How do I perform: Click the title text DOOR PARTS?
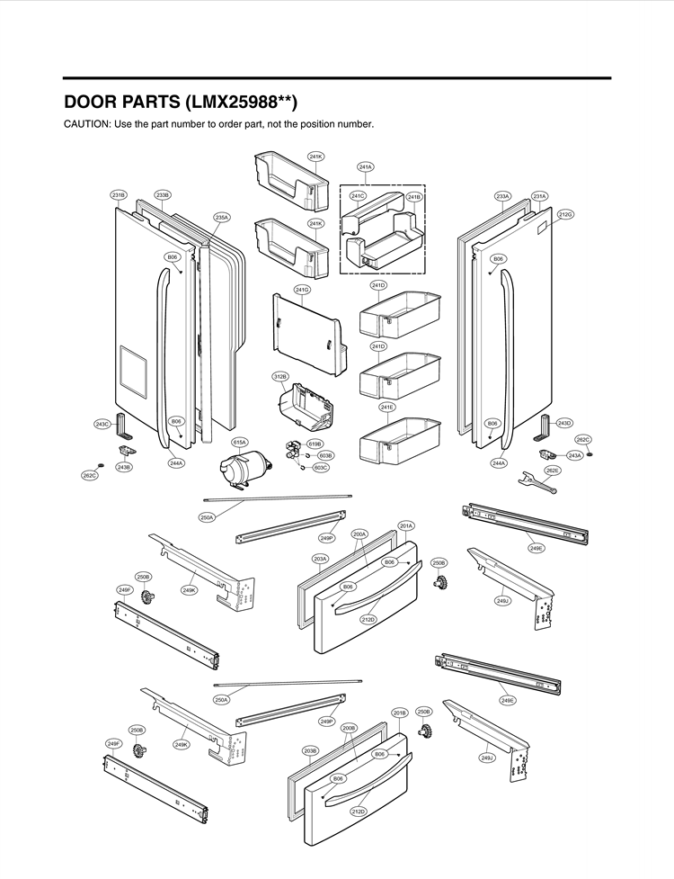point(125,101)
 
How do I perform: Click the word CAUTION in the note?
point(85,123)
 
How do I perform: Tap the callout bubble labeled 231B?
point(119,194)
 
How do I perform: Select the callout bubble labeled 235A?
point(222,217)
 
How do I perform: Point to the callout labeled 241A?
point(366,166)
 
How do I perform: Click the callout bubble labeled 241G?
point(302,290)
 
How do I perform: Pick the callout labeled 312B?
point(279,376)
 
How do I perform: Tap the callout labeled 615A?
point(240,442)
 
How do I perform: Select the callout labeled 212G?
point(565,214)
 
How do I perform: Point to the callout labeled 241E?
point(386,408)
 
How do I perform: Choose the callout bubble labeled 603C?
point(321,468)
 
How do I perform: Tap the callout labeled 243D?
point(564,422)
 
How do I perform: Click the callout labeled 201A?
point(406,525)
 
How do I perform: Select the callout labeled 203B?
point(310,750)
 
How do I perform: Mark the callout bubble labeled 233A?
point(502,195)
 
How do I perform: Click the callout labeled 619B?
point(315,444)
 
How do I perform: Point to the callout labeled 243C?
point(102,423)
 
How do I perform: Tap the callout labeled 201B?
point(400,712)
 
